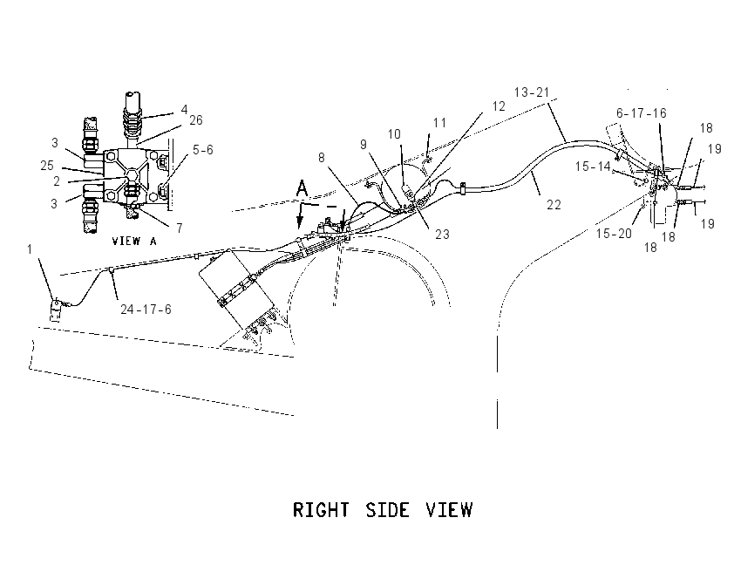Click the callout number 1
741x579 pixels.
click(x=30, y=249)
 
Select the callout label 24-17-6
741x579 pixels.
click(x=146, y=310)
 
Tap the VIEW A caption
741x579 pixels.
click(x=134, y=241)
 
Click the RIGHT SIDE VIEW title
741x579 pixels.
click(x=383, y=510)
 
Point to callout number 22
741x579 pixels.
click(x=554, y=205)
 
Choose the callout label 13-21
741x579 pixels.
click(x=531, y=92)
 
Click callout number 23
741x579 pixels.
click(x=442, y=234)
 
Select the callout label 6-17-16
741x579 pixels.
click(x=641, y=113)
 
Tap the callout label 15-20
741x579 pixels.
click(x=614, y=234)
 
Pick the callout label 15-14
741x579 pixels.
click(x=593, y=167)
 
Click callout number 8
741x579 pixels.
click(x=322, y=157)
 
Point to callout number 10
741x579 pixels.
click(x=394, y=134)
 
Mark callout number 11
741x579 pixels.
click(x=439, y=123)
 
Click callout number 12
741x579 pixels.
click(x=499, y=106)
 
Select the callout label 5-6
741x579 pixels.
click(x=203, y=150)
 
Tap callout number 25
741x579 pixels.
click(x=47, y=166)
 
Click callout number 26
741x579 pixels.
click(x=195, y=120)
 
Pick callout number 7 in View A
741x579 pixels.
click(x=179, y=228)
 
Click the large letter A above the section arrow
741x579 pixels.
click(x=302, y=188)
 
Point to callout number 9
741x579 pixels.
click(x=363, y=144)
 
